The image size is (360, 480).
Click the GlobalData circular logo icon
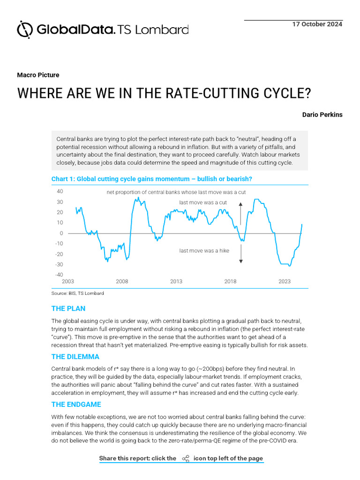coord(25,29)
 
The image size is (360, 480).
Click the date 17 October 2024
coord(317,24)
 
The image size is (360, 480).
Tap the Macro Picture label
coord(38,75)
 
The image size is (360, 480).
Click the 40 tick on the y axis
coord(60,191)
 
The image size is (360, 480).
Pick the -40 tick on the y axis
coord(59,275)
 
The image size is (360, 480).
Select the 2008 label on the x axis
coord(122,282)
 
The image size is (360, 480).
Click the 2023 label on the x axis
coord(285,282)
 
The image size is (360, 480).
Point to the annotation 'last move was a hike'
coord(204,251)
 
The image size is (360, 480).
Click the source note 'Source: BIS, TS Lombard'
coord(77,293)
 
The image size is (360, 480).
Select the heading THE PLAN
coord(68,309)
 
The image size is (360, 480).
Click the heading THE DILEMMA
coord(75,357)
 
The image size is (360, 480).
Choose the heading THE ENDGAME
coord(76,405)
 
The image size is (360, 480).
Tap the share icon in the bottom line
coord(186,458)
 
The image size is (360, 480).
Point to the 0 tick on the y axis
coord(61,233)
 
